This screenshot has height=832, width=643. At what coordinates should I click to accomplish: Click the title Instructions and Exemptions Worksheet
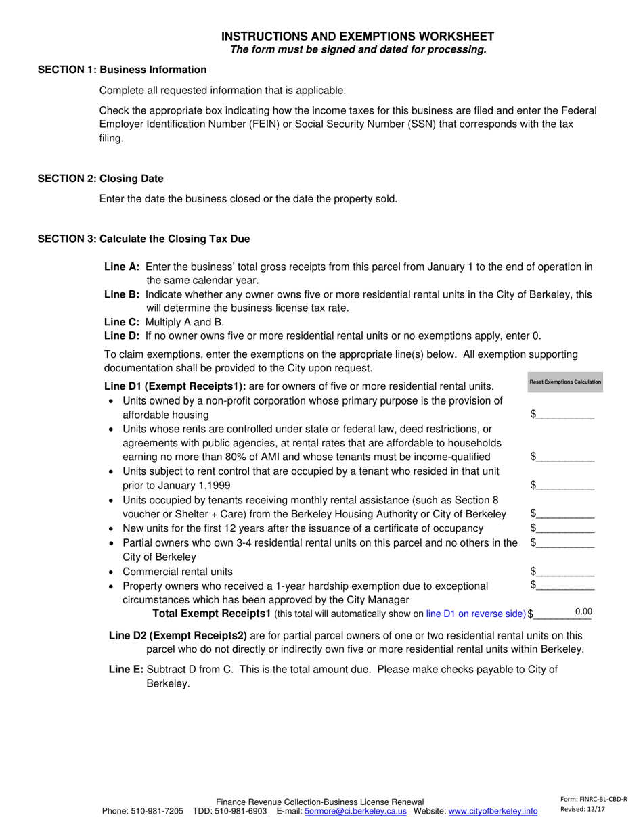(x=358, y=37)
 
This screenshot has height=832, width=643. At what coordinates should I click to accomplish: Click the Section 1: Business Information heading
(x=122, y=70)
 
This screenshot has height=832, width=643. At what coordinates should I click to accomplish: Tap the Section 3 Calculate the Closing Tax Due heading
(x=143, y=239)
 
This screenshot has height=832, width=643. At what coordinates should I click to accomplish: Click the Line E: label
(x=126, y=670)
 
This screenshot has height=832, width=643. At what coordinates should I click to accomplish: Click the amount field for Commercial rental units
(x=566, y=572)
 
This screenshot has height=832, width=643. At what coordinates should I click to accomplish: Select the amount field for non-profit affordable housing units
(x=566, y=415)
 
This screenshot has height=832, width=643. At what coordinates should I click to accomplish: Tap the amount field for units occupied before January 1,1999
(x=566, y=485)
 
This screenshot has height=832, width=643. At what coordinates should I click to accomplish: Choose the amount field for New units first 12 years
(x=566, y=528)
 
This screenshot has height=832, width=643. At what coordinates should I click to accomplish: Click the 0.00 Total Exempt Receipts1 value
(x=583, y=612)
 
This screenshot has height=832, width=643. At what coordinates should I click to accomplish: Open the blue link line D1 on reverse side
(x=476, y=614)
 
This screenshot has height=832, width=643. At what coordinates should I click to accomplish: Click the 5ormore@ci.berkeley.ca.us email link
(x=356, y=811)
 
